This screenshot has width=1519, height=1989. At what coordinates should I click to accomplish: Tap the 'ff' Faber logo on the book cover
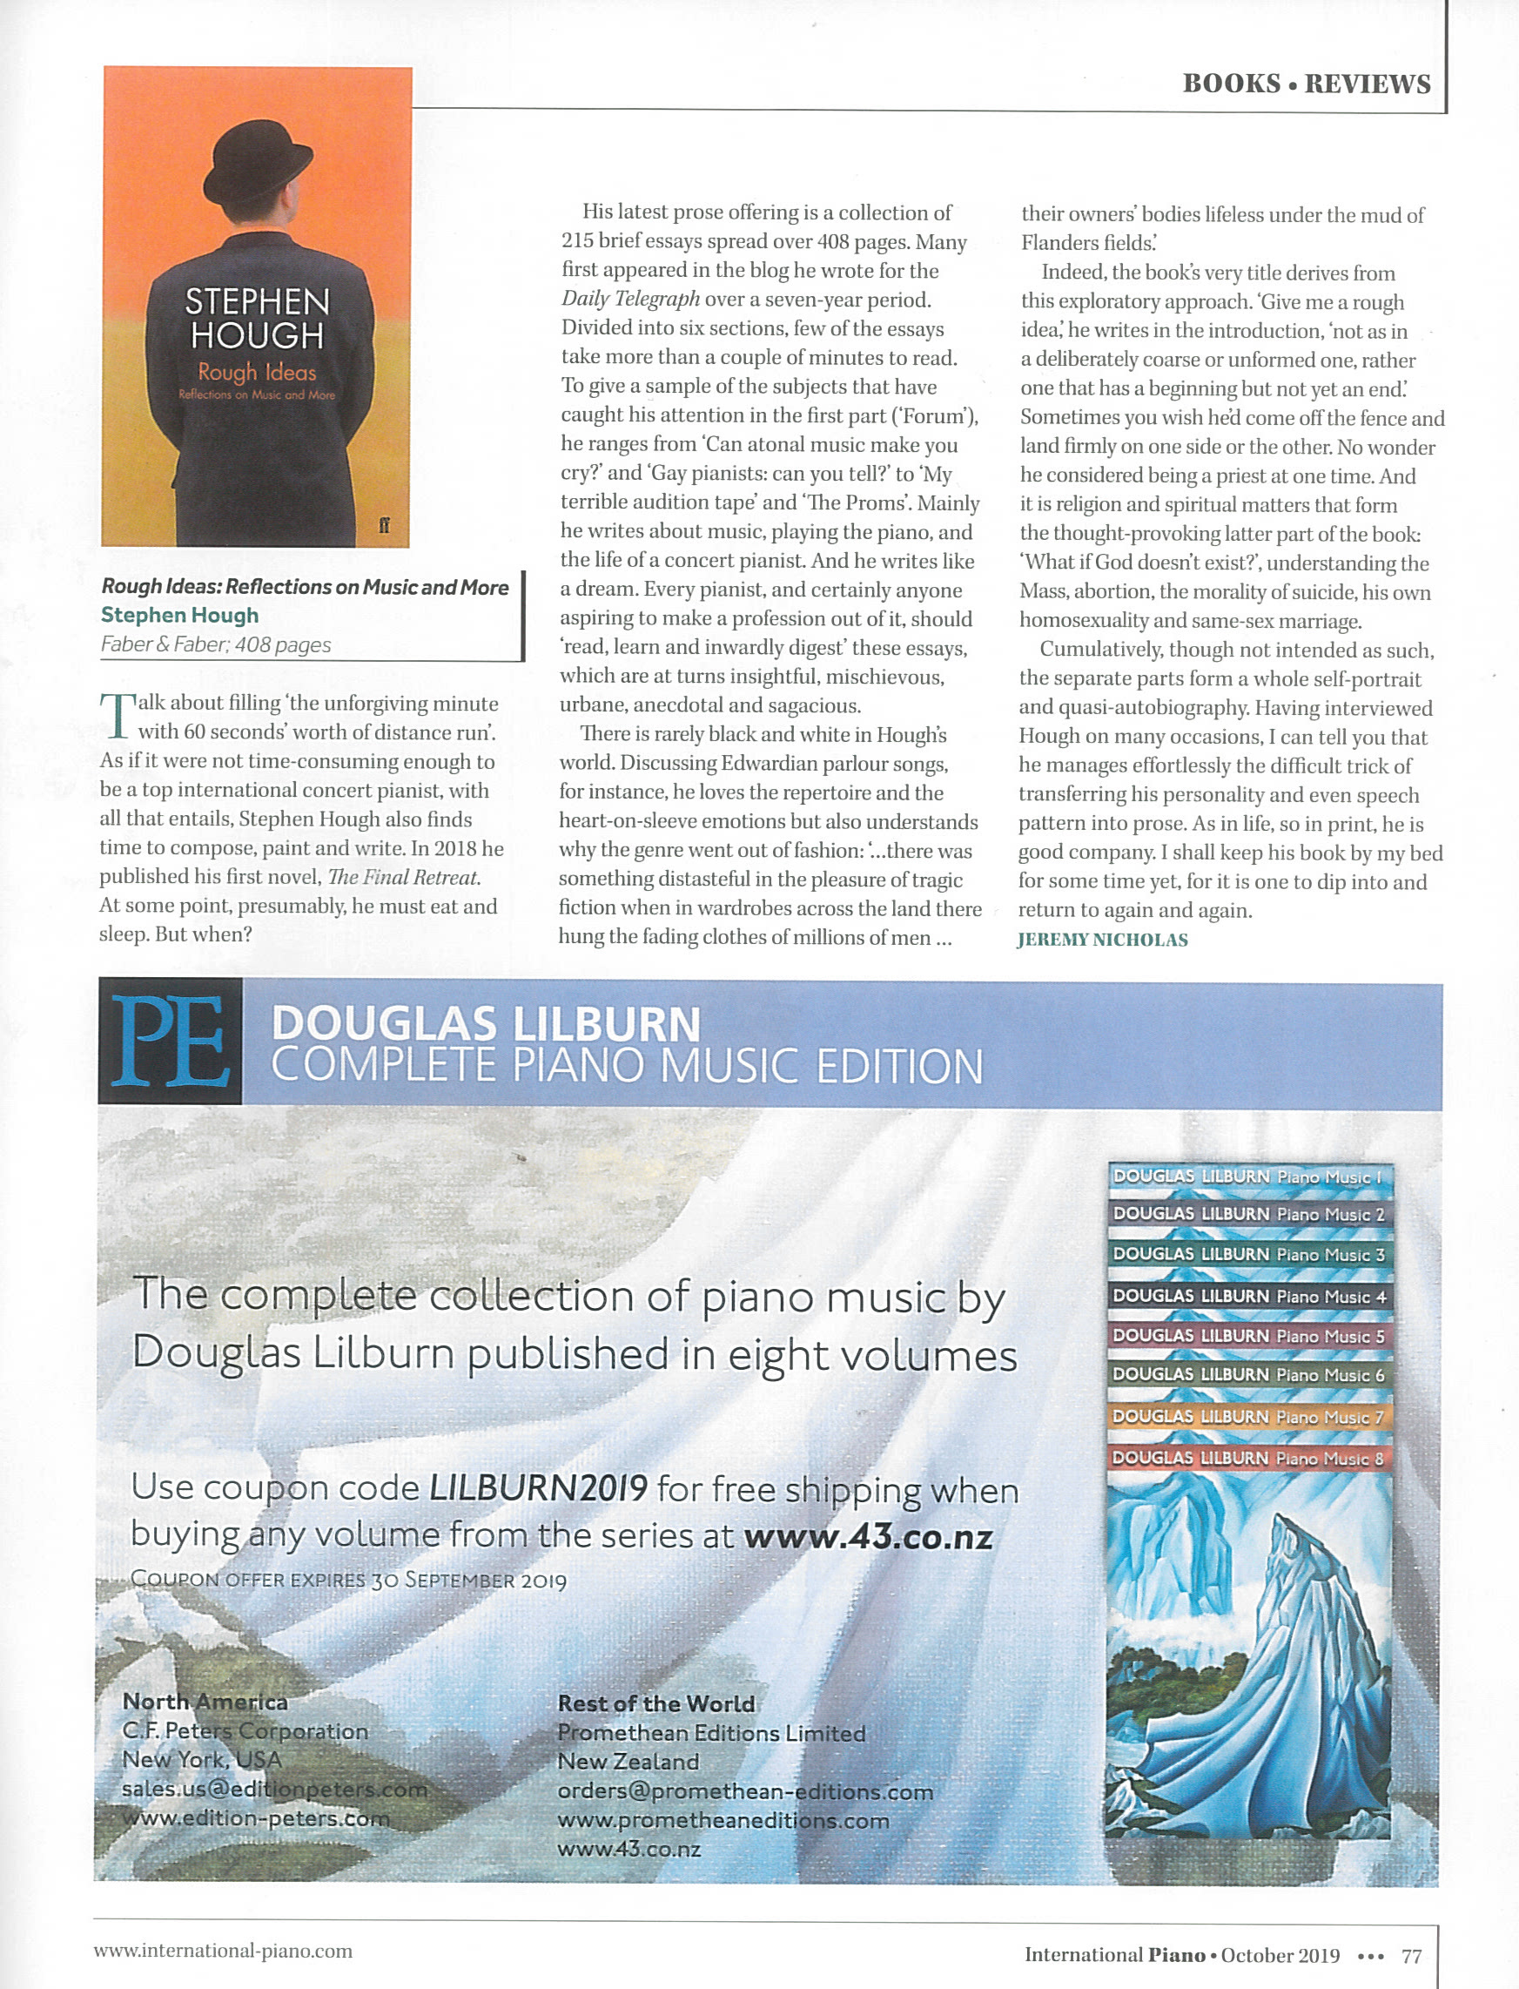click(384, 525)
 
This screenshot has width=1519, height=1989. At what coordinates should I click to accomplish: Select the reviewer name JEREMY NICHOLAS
click(1102, 940)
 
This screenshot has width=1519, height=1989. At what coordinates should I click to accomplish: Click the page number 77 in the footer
click(1410, 1957)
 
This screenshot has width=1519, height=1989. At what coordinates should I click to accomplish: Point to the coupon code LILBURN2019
click(538, 1487)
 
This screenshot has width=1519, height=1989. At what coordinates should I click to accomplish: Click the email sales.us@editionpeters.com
click(274, 1789)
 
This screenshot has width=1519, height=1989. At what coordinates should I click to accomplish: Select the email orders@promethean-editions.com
click(745, 1791)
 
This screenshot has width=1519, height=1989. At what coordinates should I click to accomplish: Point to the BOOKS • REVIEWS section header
click(1306, 84)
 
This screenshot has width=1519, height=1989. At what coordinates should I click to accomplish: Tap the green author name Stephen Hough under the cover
click(180, 615)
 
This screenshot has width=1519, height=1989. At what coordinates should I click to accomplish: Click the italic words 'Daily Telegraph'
click(630, 300)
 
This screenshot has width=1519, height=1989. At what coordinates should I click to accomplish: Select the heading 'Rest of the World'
click(655, 1703)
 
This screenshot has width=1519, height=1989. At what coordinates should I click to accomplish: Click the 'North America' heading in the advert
click(205, 1702)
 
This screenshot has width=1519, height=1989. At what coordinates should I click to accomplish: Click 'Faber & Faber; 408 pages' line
click(216, 644)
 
